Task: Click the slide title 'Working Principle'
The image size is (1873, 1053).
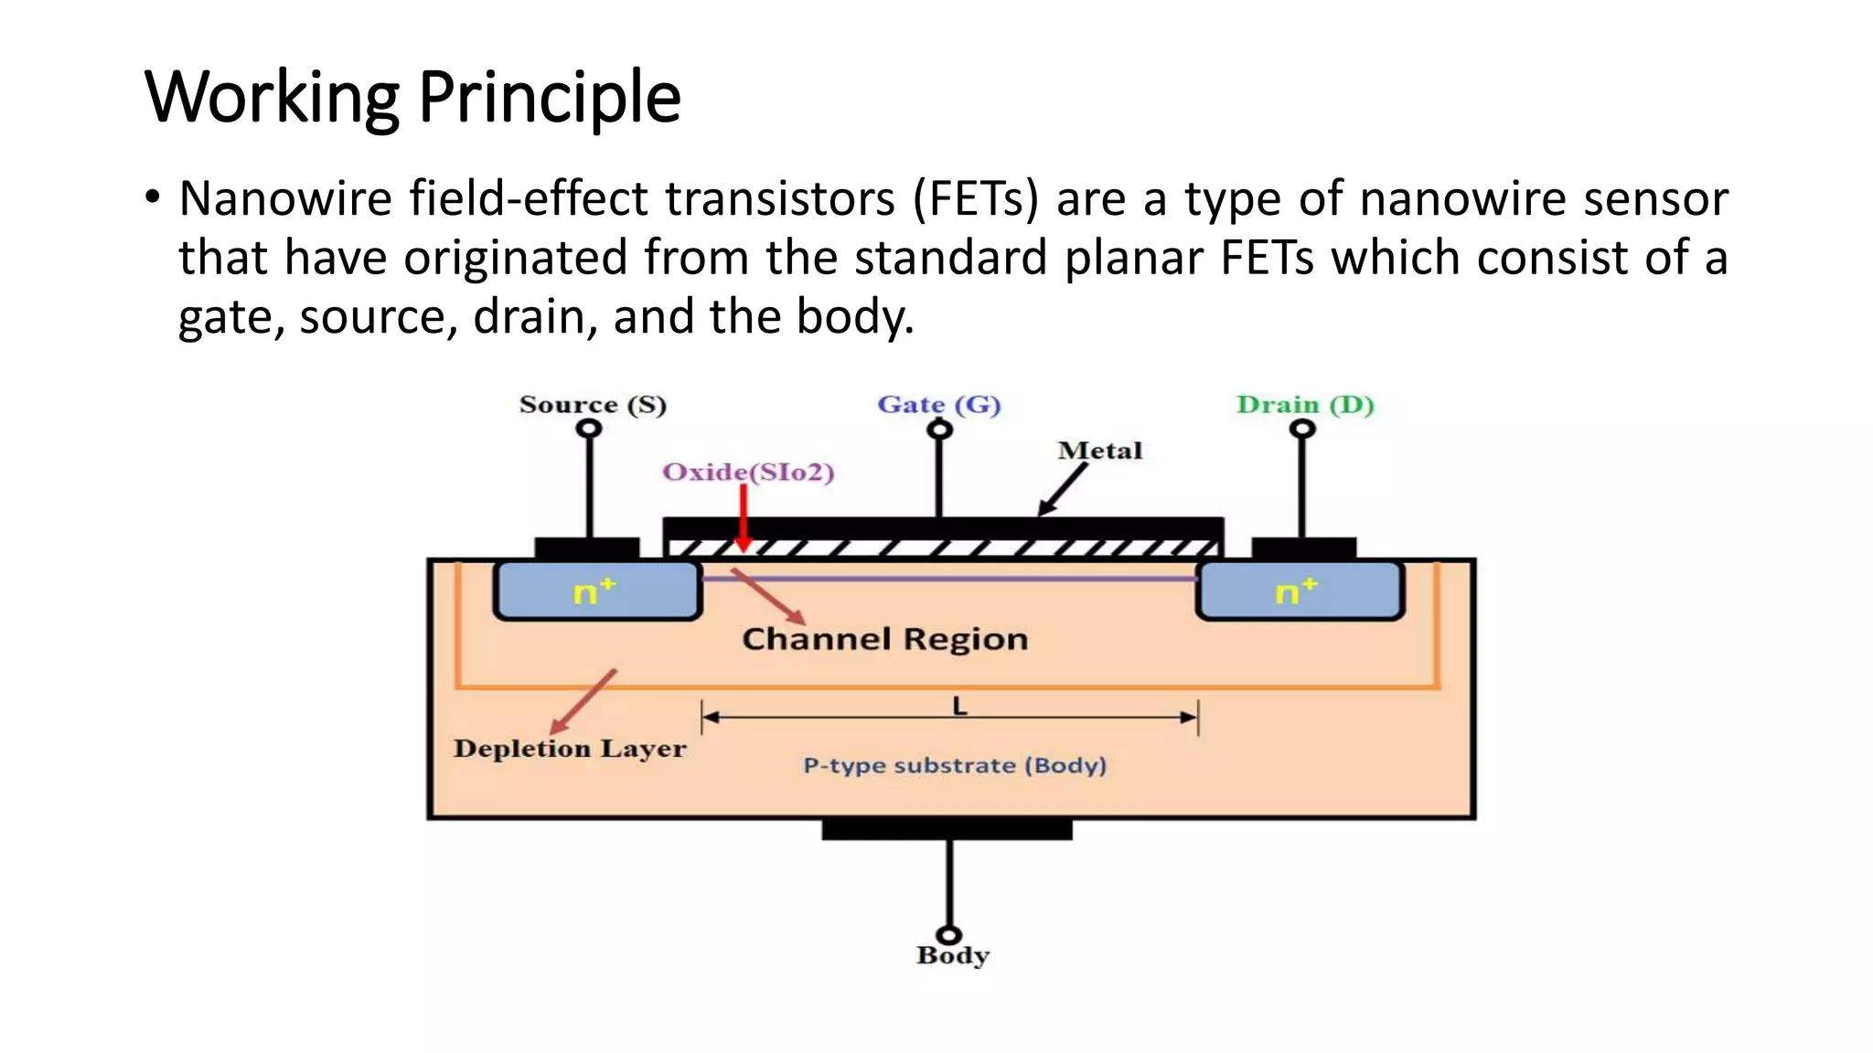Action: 412,97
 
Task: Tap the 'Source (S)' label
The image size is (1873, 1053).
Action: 593,405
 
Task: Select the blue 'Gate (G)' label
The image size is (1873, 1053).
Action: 938,405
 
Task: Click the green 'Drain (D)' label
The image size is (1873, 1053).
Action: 1305,405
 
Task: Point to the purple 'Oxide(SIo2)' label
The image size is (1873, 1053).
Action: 748,473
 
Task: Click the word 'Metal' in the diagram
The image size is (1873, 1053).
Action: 1100,451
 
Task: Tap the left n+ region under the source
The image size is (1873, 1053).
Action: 596,591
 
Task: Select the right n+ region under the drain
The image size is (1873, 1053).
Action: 1299,591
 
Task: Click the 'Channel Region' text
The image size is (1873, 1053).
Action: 884,639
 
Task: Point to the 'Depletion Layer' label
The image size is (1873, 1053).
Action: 569,749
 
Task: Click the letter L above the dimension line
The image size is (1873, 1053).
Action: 959,706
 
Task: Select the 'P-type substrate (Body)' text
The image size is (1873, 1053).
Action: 955,765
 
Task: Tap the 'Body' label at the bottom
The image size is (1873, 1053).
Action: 953,956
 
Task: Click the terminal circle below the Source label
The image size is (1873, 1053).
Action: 591,429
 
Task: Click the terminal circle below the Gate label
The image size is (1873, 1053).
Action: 940,430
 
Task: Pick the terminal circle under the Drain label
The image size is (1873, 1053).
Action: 1302,429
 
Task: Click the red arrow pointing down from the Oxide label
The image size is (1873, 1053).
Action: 744,516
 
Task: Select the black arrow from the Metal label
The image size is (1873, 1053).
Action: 1064,489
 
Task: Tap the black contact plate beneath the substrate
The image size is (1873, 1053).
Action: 947,829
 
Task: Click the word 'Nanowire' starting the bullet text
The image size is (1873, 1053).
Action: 285,198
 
